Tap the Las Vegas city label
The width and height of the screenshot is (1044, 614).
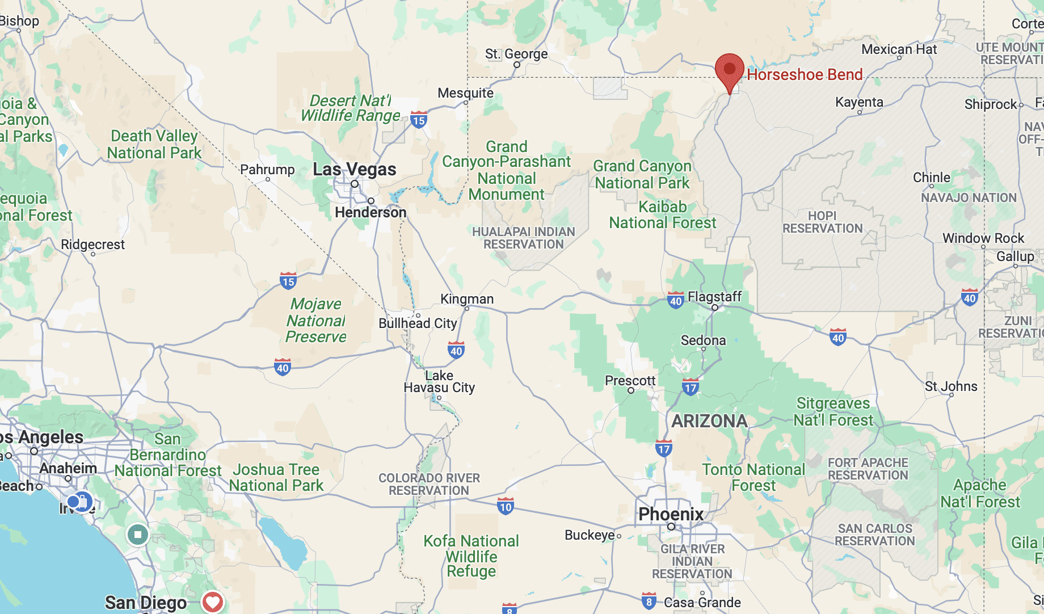point(355,169)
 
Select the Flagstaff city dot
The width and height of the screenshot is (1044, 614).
point(715,308)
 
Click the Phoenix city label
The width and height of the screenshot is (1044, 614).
point(671,514)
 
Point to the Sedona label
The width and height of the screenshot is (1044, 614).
point(703,340)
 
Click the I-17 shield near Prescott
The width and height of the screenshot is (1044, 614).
point(691,388)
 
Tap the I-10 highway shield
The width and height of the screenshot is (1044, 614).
point(506,506)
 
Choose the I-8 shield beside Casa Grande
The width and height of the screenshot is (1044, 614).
point(649,601)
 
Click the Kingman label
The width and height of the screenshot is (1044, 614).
point(467,299)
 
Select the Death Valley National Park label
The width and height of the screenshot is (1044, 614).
point(154,144)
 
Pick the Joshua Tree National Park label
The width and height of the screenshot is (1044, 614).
point(276,477)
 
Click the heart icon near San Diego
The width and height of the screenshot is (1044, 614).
point(213,602)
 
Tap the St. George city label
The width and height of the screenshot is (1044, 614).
point(516,54)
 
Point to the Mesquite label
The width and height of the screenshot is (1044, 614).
point(465,92)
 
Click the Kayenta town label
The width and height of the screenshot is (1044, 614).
point(859,102)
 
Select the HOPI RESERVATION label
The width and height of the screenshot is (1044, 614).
point(822,222)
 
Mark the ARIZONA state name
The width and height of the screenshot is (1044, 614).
point(709,421)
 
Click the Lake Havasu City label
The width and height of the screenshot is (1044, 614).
point(439,381)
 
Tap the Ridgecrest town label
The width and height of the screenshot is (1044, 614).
point(92,245)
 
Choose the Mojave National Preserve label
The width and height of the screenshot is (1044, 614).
point(315,320)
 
